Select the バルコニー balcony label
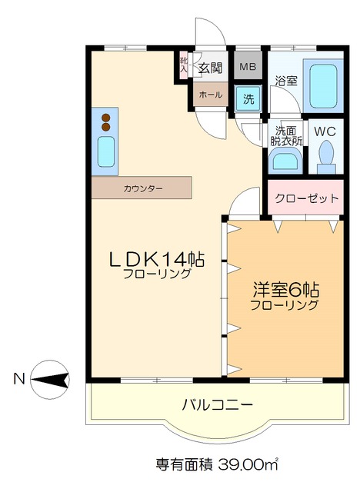click(x=218, y=404)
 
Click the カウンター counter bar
click(x=142, y=188)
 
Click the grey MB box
click(x=247, y=67)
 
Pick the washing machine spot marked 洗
click(x=248, y=98)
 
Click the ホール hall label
click(x=209, y=95)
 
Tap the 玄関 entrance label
click(x=210, y=68)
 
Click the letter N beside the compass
click(x=18, y=378)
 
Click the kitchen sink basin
click(x=105, y=151)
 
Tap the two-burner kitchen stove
click(x=105, y=121)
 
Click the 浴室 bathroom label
click(x=285, y=80)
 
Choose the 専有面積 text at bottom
click(x=181, y=464)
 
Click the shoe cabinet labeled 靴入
click(x=183, y=64)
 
